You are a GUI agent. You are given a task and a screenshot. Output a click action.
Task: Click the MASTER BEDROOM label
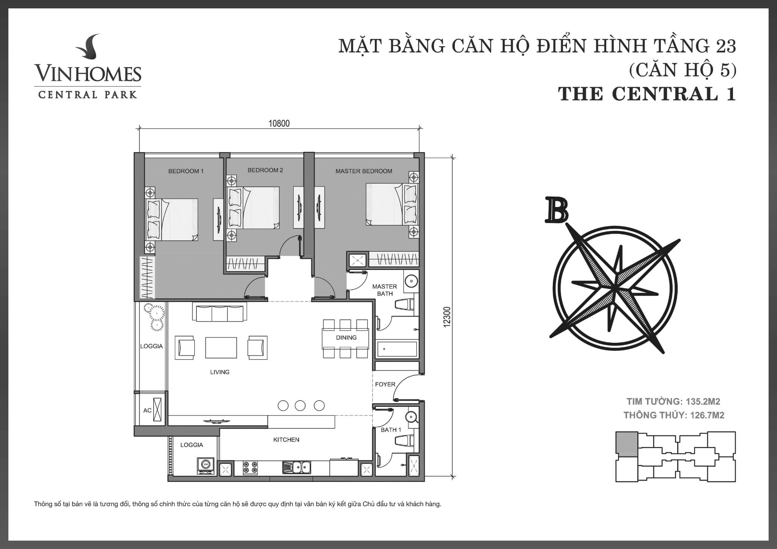pyautogui.click(x=364, y=171)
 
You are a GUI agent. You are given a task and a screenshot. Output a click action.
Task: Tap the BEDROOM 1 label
pyautogui.click(x=186, y=171)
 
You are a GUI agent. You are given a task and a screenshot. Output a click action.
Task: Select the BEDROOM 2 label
pyautogui.click(x=265, y=170)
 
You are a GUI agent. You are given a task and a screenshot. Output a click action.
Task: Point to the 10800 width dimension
pyautogui.click(x=279, y=124)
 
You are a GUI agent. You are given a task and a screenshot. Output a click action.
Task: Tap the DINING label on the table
pyautogui.click(x=346, y=337)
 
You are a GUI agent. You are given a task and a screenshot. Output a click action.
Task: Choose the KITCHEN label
pyautogui.click(x=286, y=440)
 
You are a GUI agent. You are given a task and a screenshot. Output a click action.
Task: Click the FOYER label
pyautogui.click(x=385, y=384)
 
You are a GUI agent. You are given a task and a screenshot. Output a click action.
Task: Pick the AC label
pyautogui.click(x=147, y=410)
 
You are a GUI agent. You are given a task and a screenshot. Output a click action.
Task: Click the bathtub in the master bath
pyautogui.click(x=397, y=349)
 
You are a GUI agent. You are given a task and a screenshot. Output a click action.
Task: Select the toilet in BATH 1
pyautogui.click(x=405, y=441)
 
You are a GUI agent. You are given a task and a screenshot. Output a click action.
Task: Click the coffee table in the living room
pyautogui.click(x=221, y=347)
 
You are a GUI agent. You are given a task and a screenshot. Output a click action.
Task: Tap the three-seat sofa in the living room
pyautogui.click(x=219, y=311)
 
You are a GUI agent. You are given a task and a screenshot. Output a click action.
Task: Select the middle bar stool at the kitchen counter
pyautogui.click(x=300, y=406)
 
